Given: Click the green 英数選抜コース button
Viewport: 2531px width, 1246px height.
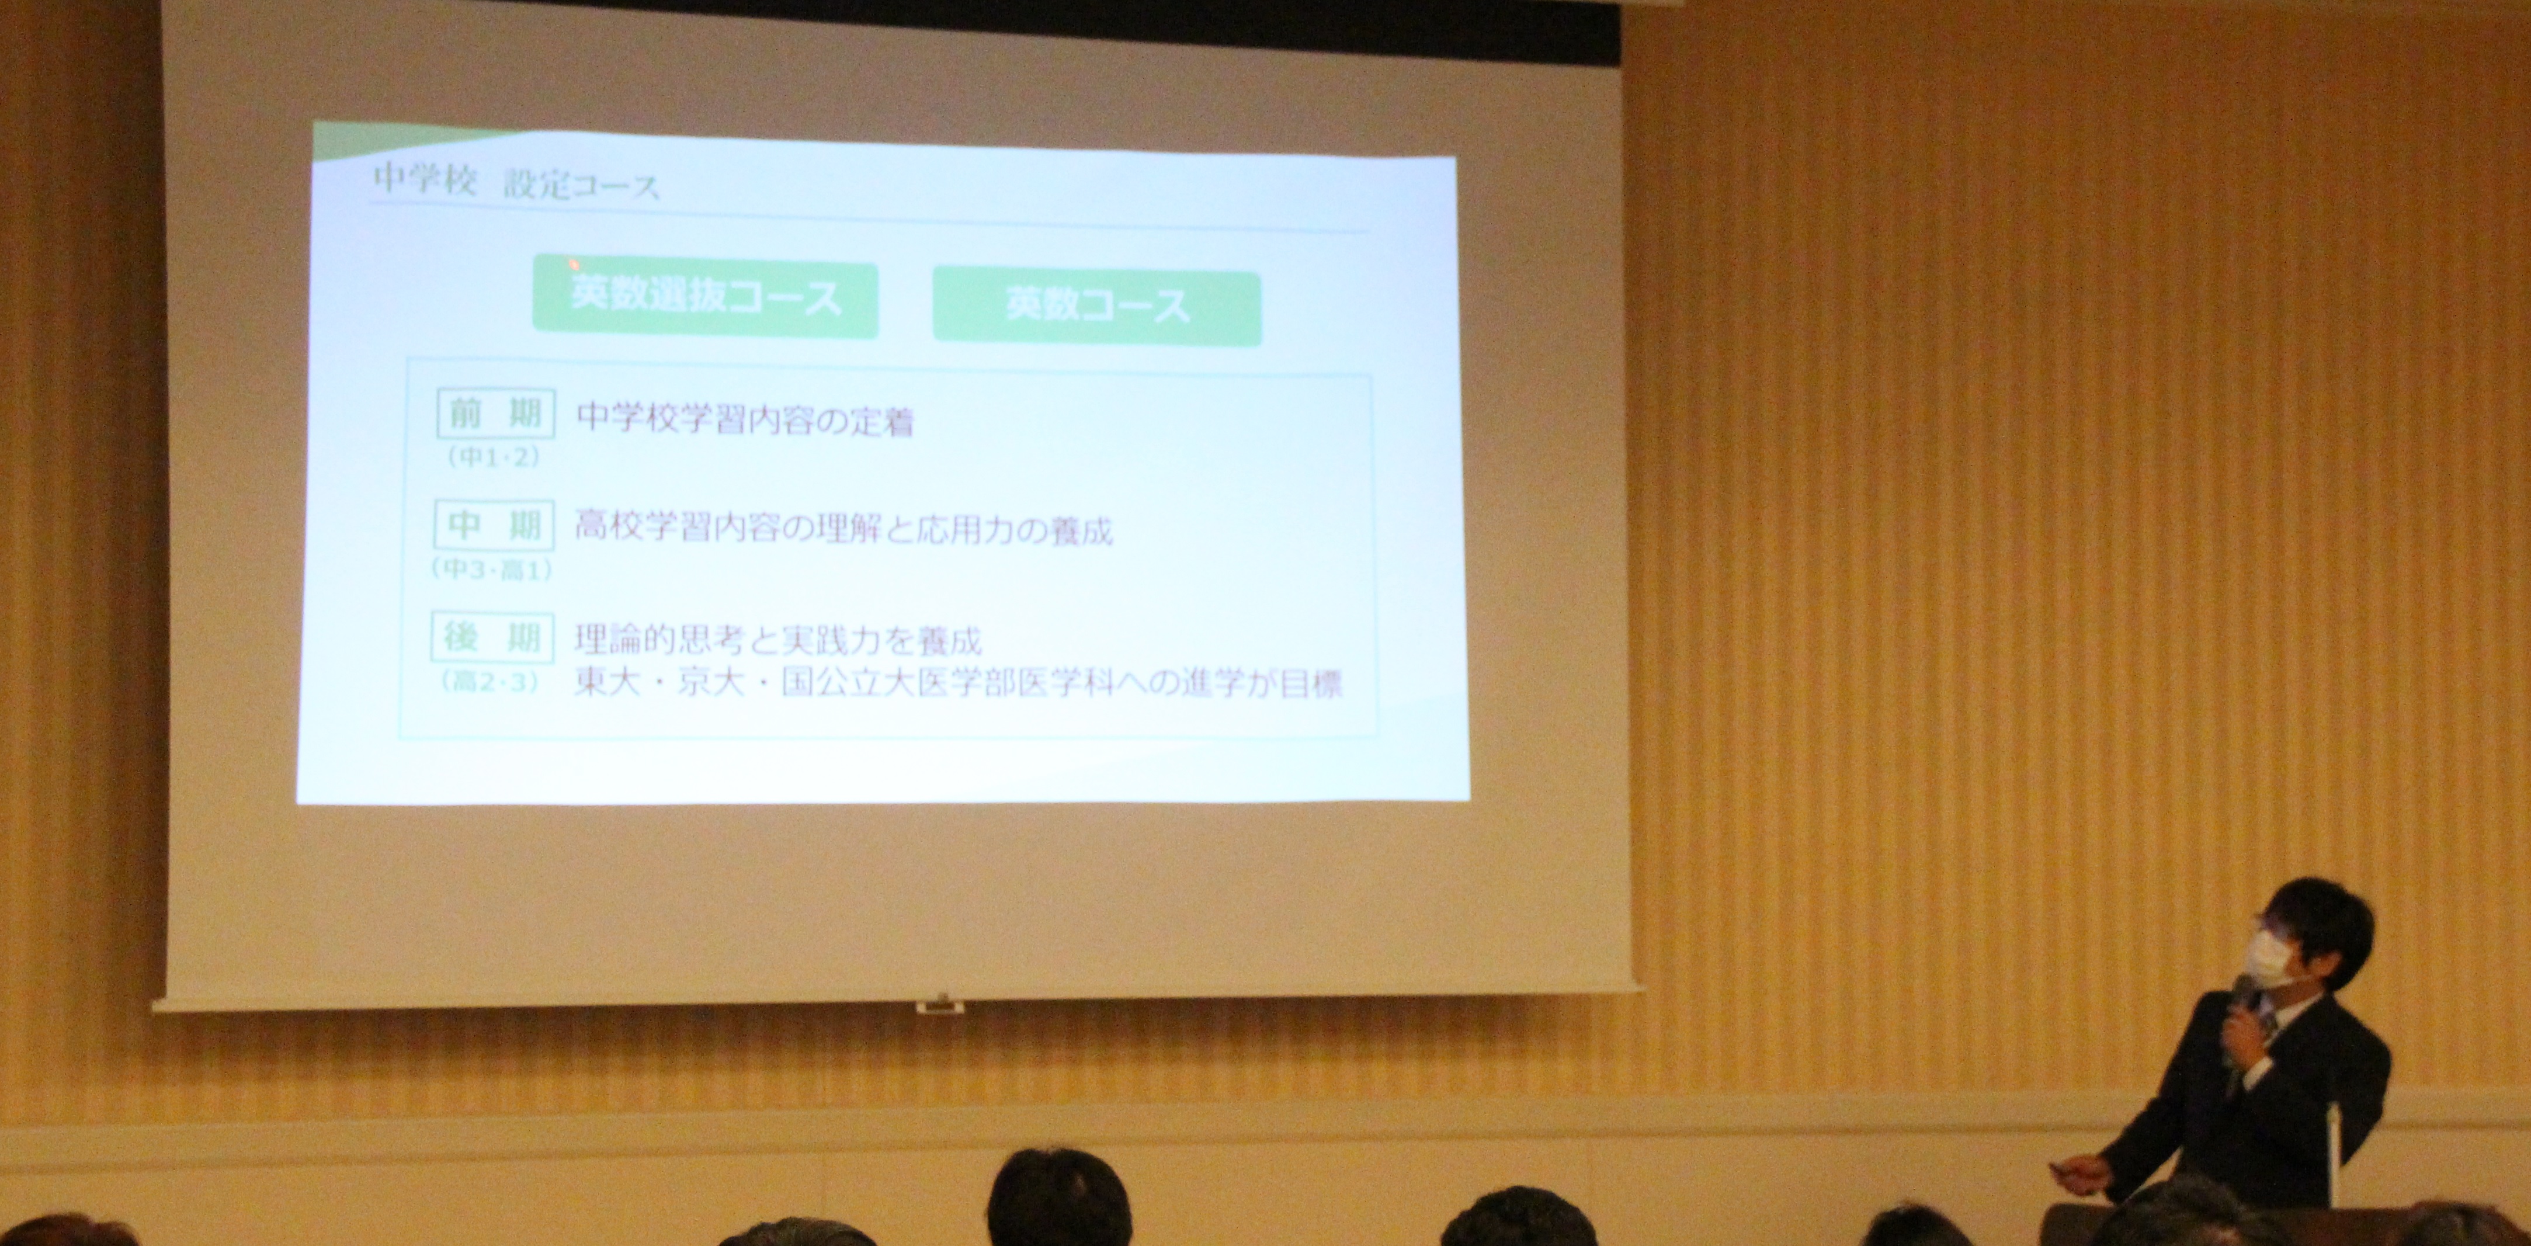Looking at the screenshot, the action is click(704, 298).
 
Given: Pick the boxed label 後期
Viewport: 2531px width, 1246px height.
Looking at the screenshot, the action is click(492, 638).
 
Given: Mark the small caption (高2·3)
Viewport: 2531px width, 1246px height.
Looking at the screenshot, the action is click(491, 682).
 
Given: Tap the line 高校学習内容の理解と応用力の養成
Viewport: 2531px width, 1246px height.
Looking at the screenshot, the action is click(843, 530).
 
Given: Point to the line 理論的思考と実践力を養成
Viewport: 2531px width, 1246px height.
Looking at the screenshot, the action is click(778, 641).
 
